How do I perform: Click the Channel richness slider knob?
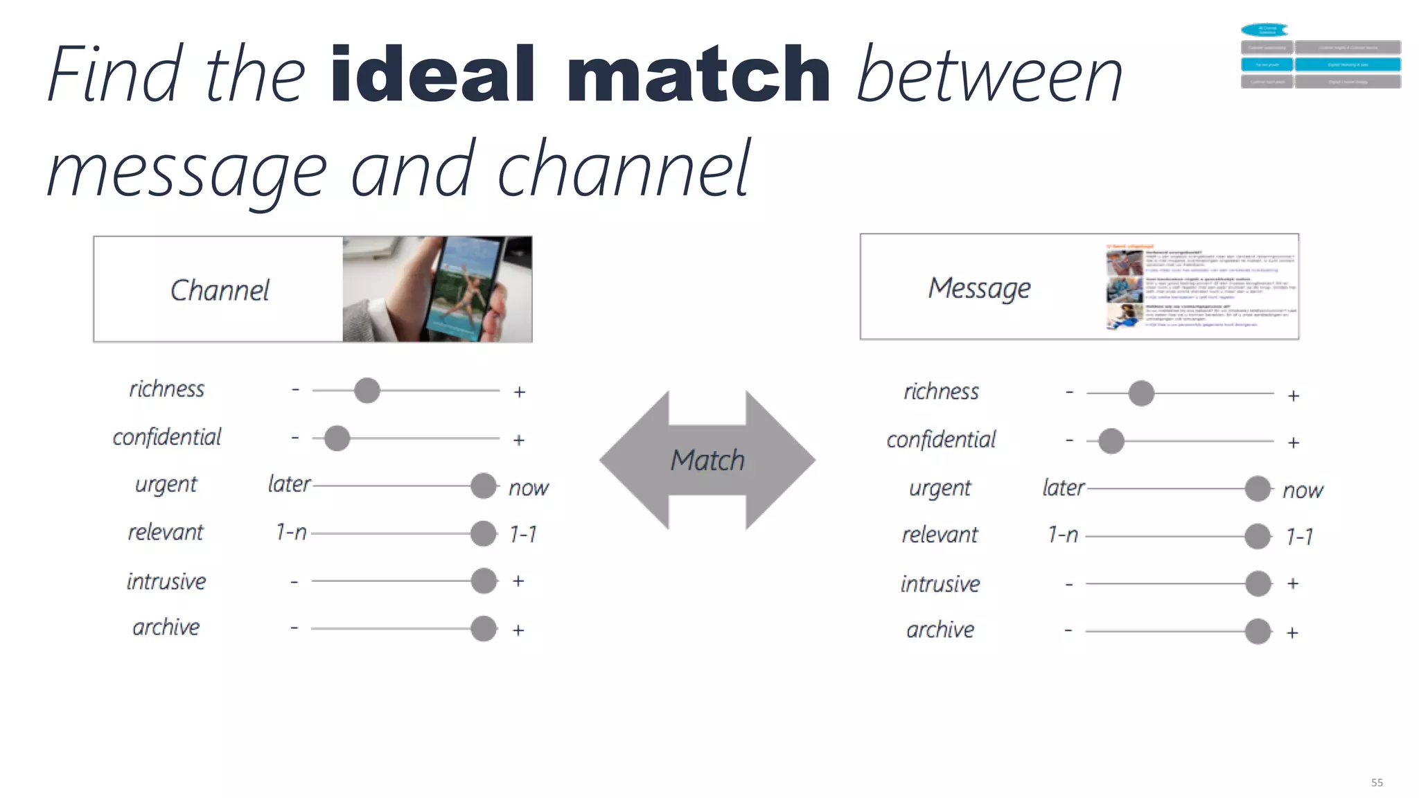point(367,391)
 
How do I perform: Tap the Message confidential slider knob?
point(1111,441)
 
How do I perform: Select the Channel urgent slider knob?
point(483,486)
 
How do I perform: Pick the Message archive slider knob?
point(1257,632)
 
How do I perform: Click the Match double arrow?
point(707,460)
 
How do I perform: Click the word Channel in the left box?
point(220,290)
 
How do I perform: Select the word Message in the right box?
point(979,288)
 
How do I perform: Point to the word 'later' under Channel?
point(289,484)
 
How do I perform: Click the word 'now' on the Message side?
point(1302,490)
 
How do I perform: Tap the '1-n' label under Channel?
point(291,532)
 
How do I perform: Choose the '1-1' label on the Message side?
point(1298,536)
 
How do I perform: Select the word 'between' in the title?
point(989,75)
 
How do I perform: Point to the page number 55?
point(1377,782)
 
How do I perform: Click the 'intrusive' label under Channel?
point(166,581)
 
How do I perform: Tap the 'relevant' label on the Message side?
point(940,535)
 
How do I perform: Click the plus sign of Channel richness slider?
point(520,392)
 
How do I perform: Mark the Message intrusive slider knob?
point(1258,583)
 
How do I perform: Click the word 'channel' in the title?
point(624,168)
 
